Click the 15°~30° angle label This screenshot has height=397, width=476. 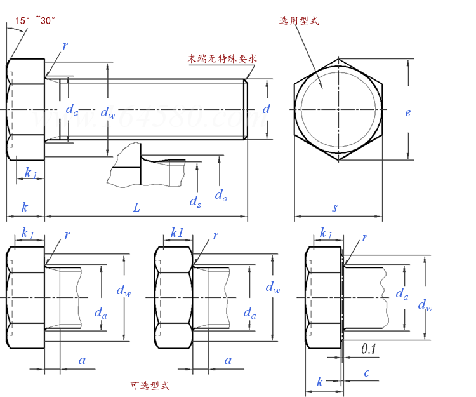point(36,21)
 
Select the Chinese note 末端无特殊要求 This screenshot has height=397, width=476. point(221,58)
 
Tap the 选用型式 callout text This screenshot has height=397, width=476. point(298,20)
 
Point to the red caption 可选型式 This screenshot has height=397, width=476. point(150,386)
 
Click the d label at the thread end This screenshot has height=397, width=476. point(267,109)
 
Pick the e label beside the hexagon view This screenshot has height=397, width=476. point(407,112)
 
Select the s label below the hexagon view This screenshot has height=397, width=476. point(335,207)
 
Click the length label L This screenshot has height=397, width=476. point(136,207)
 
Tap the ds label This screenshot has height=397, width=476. point(195,201)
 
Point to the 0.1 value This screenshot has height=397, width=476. point(369,348)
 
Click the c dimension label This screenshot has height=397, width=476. point(367,373)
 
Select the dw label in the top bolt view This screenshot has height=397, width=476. point(108,112)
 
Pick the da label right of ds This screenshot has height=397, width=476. point(221,195)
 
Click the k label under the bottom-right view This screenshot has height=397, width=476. point(320,382)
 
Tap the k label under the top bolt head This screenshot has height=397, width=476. point(25,207)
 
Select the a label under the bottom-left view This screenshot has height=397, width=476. point(82,360)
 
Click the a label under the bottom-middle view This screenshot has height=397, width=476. point(228,360)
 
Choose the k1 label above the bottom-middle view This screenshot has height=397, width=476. point(177,234)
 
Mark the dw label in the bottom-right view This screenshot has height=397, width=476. point(425,306)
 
